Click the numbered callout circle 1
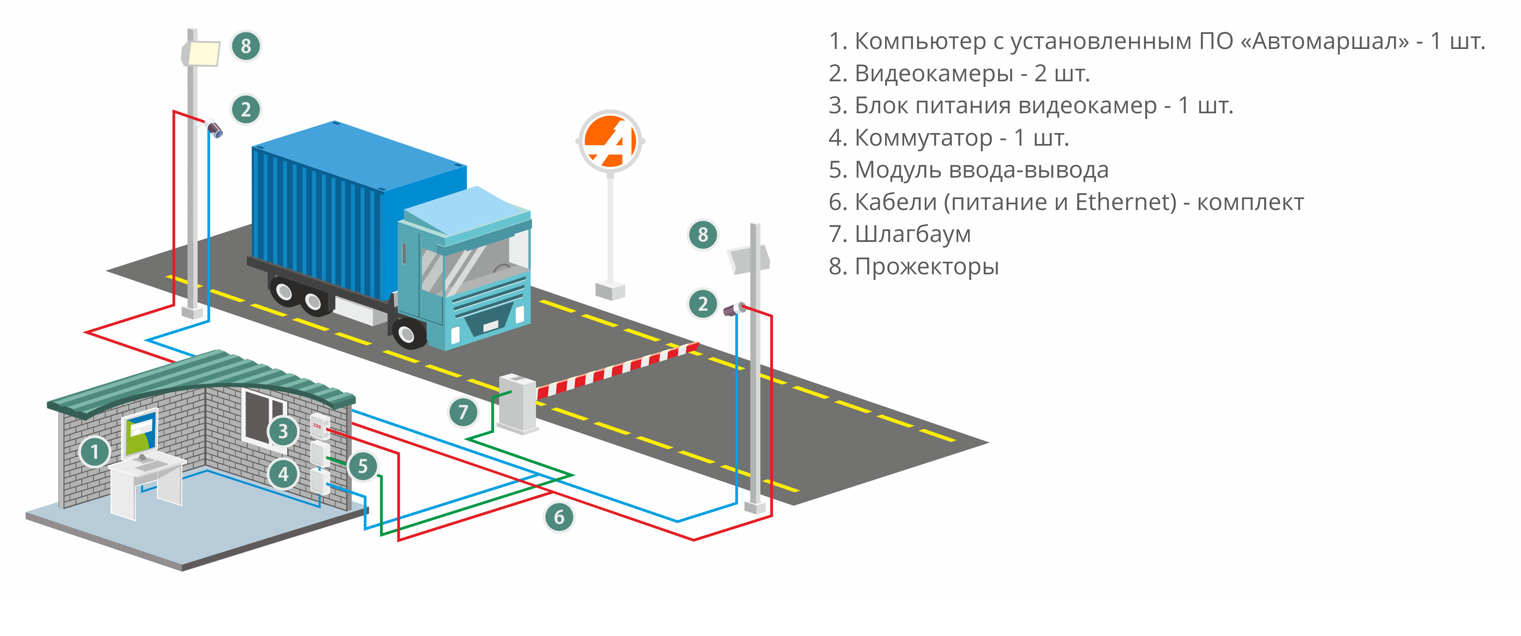click(x=95, y=452)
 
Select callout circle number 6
click(x=559, y=517)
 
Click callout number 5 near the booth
click(x=362, y=466)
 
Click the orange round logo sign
click(x=610, y=141)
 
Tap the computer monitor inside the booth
click(x=140, y=434)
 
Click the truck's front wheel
click(x=407, y=334)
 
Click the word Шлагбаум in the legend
click(x=912, y=234)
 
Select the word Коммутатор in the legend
click(x=924, y=138)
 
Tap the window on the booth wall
click(x=263, y=416)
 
